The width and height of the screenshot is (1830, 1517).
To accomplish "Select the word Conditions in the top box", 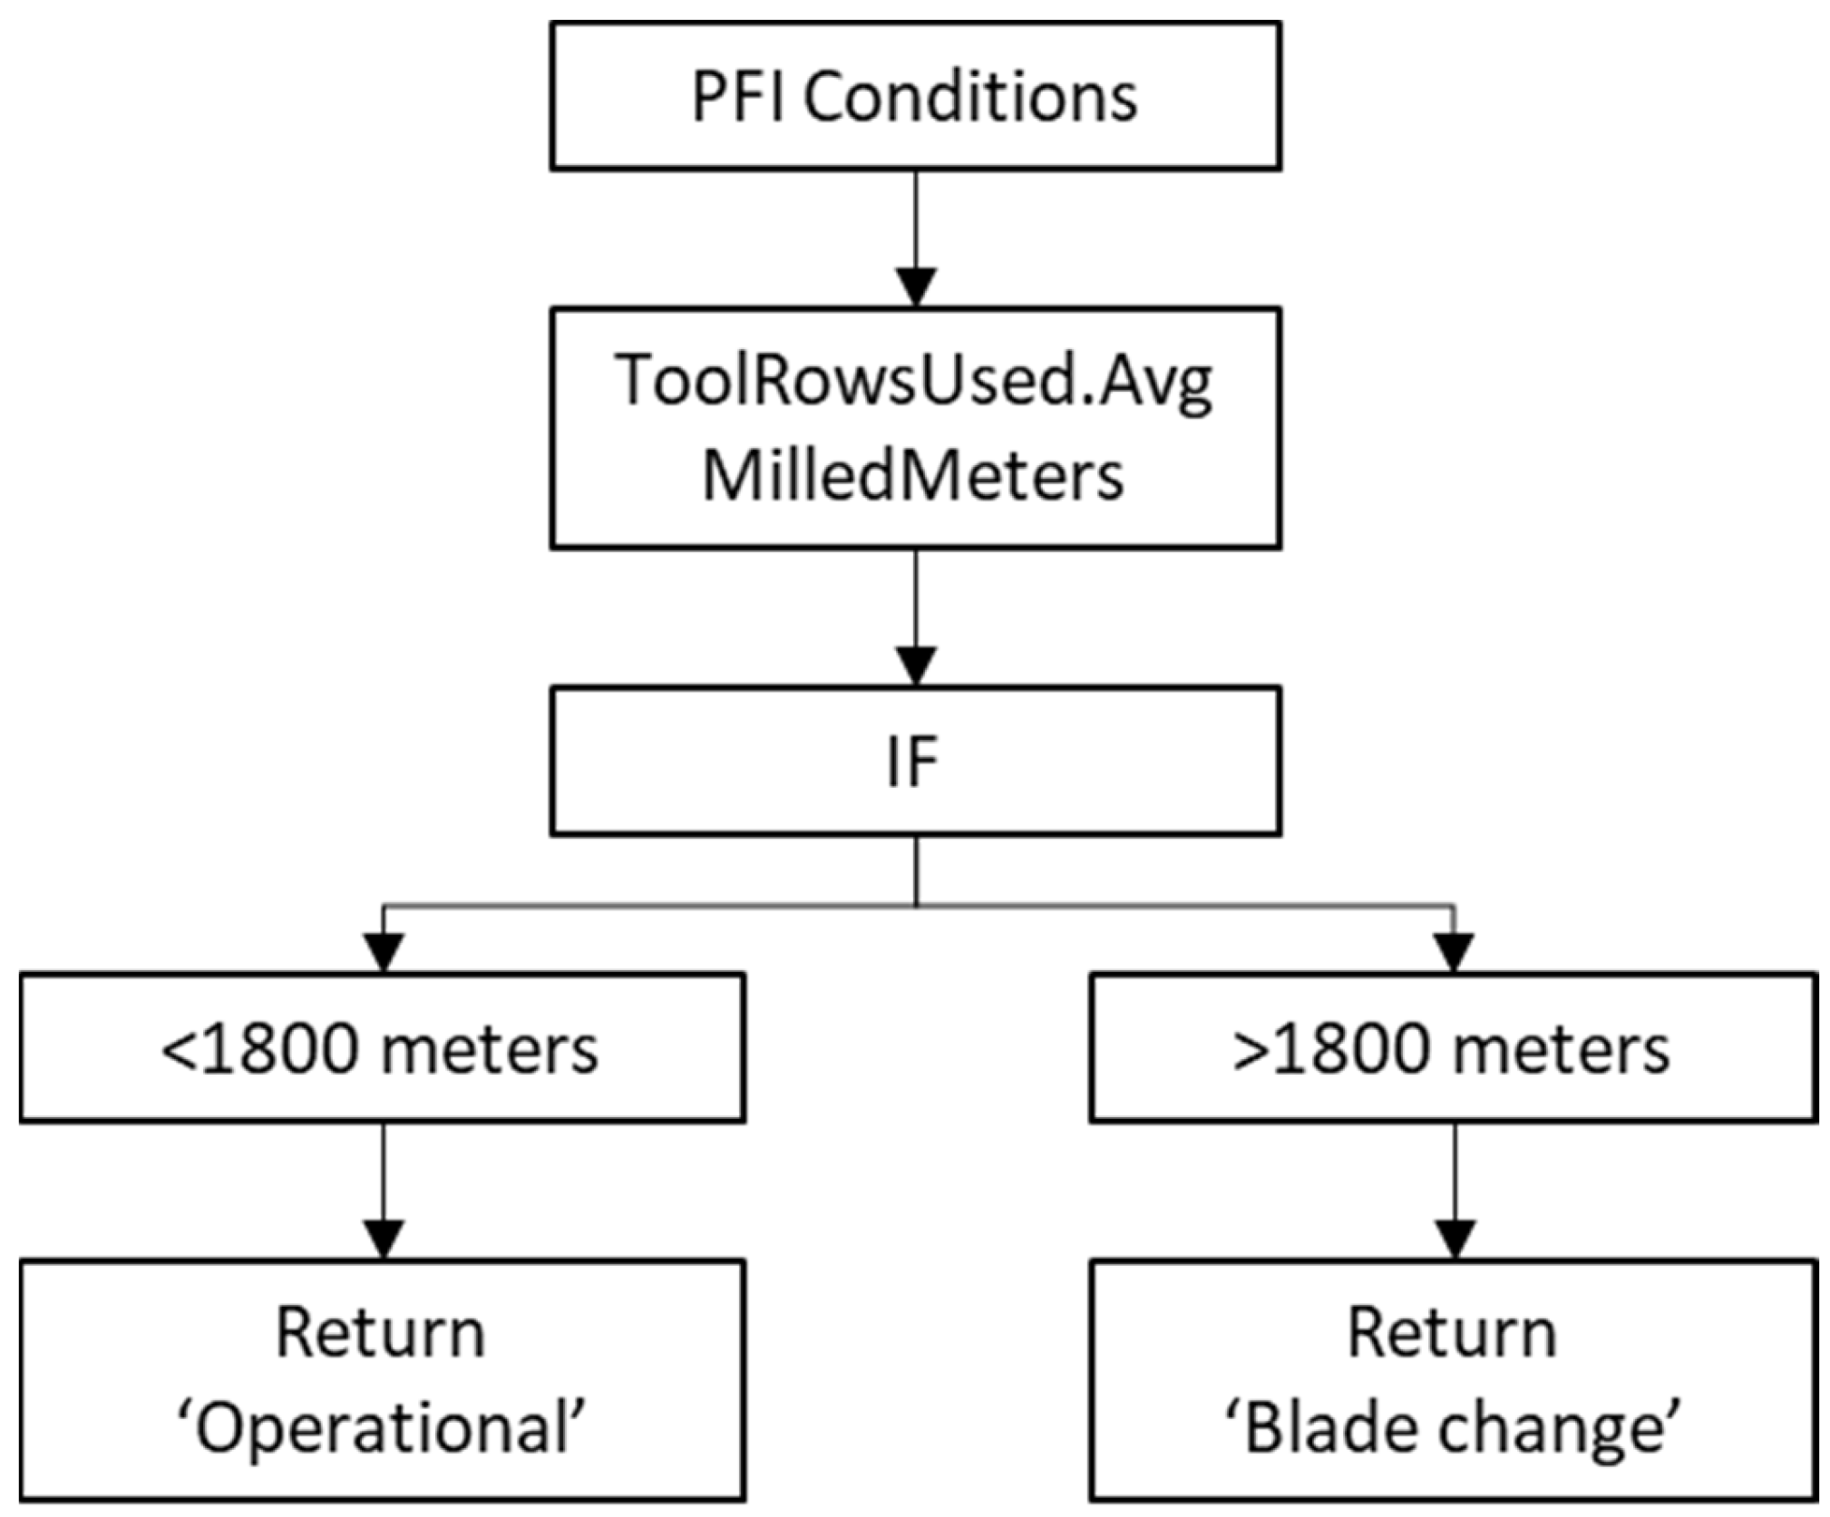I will point(969,96).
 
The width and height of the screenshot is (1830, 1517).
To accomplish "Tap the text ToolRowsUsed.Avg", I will point(914,382).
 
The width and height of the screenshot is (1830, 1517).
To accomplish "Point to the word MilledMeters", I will point(913,476).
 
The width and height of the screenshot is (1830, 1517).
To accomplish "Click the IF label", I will point(912,762).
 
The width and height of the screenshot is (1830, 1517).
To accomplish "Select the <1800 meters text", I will point(380,1049).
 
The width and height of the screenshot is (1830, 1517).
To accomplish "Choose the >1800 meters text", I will point(1452,1049).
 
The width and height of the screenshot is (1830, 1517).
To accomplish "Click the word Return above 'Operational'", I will point(380,1334).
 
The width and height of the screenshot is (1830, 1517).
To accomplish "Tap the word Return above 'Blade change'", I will point(1452,1334).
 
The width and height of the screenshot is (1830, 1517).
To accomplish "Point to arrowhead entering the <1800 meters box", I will point(384,953).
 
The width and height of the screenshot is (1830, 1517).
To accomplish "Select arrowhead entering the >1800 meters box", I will point(1455,953).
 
